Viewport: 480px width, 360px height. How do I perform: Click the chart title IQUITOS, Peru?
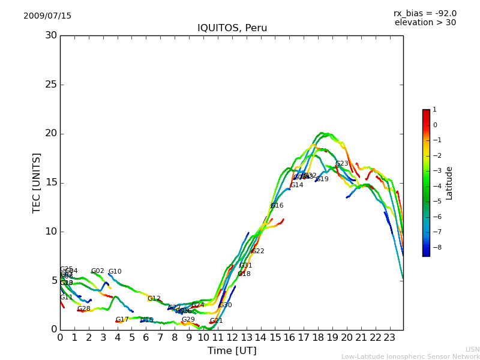pos(232,28)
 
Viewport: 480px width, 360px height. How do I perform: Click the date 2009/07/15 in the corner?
pos(47,16)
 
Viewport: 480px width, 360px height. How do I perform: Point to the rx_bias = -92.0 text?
pos(425,13)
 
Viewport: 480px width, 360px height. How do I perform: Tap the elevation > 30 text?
pos(425,23)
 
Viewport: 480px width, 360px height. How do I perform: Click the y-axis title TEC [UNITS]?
pos(37,182)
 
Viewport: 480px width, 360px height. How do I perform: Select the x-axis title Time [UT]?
pos(232,351)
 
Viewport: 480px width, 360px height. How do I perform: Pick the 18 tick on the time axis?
pos(318,338)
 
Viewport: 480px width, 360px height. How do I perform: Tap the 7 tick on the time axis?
pos(160,338)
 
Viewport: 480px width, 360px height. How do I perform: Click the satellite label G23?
pos(341,164)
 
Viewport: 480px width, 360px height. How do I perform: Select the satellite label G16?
pos(277,206)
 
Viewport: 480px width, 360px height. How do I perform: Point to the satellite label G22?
pos(258,251)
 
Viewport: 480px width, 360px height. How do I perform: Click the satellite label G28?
pos(84,309)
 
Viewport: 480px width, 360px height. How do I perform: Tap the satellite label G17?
pos(122,320)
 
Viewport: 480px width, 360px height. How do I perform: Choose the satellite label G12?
pos(154,299)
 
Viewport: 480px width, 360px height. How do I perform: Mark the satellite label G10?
pos(115,272)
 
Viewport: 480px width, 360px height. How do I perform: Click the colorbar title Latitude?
pos(449,183)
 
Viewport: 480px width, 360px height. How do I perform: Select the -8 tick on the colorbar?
pos(435,247)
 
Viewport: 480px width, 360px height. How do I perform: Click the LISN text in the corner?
pos(472,349)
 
